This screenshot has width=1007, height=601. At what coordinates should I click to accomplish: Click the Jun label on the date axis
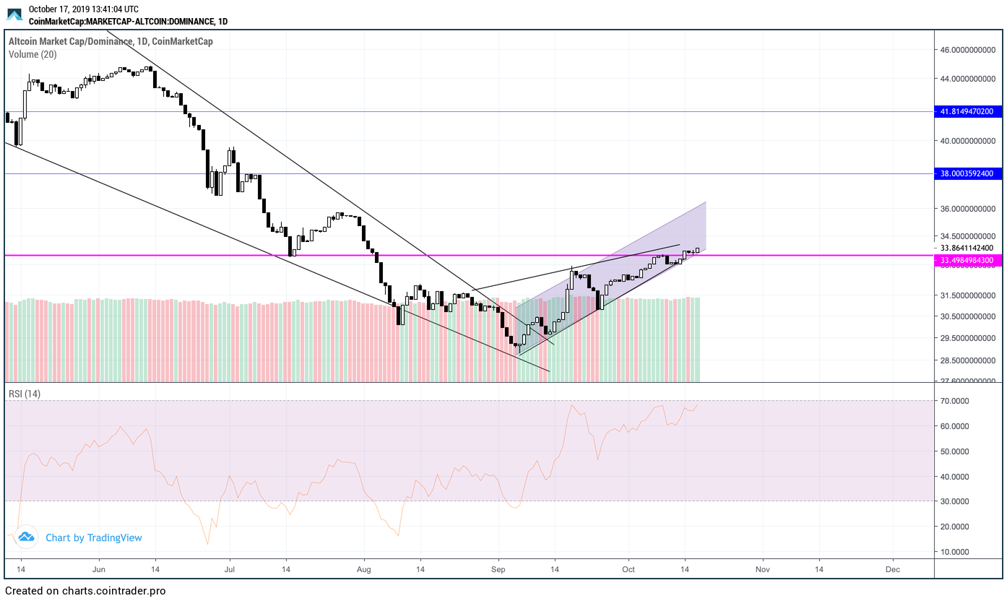(99, 568)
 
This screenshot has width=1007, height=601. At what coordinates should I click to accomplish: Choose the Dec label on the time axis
(893, 568)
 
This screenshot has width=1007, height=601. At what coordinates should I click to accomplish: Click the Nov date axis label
(762, 568)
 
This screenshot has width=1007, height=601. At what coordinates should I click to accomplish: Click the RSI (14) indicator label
(25, 394)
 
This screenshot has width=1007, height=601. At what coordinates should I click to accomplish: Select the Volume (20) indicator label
(33, 54)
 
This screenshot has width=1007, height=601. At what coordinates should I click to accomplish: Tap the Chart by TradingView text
(94, 537)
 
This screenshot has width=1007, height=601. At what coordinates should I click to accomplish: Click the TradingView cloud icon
(26, 537)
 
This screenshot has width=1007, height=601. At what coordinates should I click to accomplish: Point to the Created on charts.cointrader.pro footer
(85, 591)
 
